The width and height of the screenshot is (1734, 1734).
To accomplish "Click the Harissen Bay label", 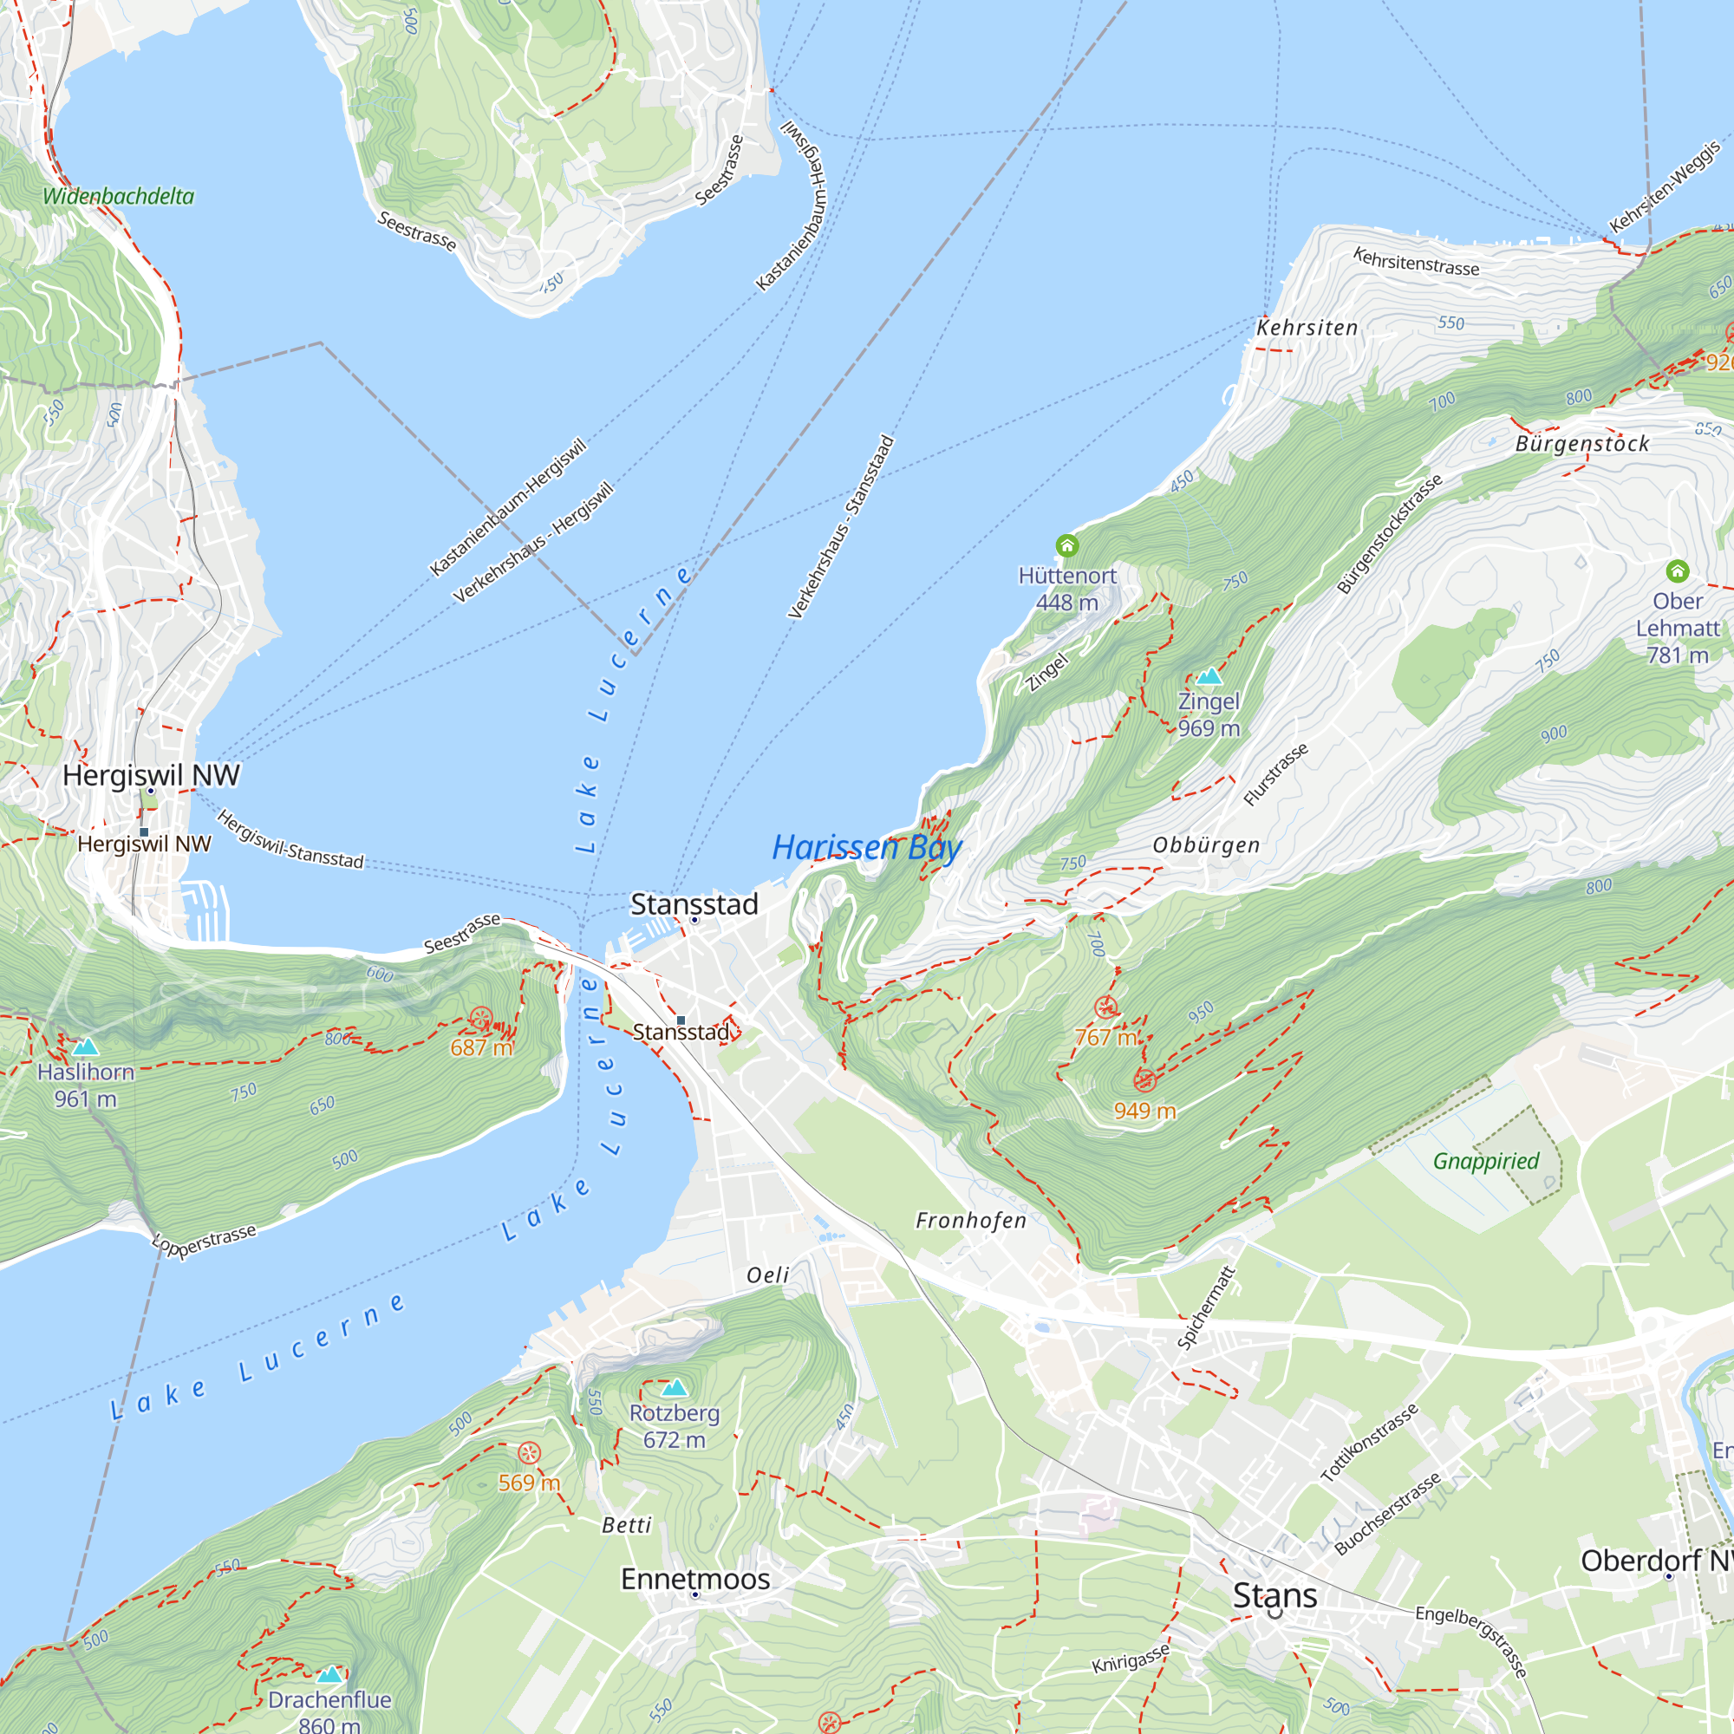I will click(866, 847).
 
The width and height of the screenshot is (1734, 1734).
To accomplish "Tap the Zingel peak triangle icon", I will click(1209, 676).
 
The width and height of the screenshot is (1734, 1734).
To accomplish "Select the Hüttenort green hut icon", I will click(1066, 545).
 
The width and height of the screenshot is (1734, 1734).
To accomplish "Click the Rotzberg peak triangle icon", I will click(674, 1388).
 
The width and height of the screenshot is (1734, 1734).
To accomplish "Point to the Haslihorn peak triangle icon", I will click(85, 1046).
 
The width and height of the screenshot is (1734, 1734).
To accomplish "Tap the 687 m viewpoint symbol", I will click(481, 1019).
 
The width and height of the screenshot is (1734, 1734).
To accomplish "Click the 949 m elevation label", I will click(1144, 1111).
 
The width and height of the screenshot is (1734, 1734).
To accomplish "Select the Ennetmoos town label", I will click(694, 1579).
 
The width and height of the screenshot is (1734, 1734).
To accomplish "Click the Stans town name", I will click(1274, 1595).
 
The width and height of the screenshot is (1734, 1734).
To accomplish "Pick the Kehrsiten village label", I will click(1307, 328).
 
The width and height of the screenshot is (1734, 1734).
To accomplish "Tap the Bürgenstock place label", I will click(1581, 443).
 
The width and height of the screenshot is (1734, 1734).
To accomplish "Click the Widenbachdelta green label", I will click(118, 196).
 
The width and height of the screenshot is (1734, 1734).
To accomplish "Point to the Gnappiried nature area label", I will click(1485, 1161).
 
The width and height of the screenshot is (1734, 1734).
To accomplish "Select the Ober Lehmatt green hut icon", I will click(1677, 570).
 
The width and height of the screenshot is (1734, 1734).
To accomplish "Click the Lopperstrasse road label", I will click(205, 1242).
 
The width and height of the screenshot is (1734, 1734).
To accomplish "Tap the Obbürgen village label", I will click(1205, 844).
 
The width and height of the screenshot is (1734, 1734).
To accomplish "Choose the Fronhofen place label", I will click(970, 1220).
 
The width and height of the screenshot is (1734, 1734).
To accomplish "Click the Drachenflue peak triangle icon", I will click(330, 1674).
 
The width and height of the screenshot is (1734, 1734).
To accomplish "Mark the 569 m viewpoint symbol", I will click(530, 1453).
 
